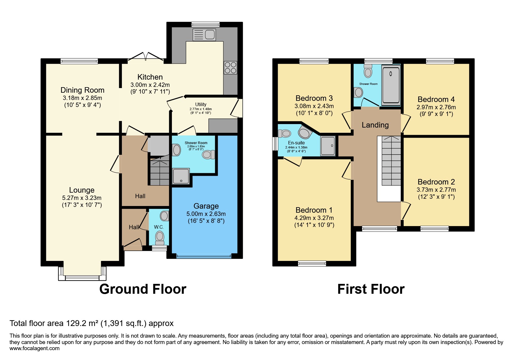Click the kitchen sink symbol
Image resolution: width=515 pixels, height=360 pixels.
[x=204, y=35]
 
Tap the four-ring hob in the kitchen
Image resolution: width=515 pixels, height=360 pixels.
[x=230, y=68]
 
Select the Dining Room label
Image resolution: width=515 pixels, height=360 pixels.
[x=82, y=90]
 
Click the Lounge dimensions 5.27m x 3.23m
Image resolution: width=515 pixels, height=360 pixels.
[x=82, y=198]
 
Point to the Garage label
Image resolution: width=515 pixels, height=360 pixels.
[x=206, y=206]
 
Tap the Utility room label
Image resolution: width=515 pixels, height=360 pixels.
[x=201, y=104]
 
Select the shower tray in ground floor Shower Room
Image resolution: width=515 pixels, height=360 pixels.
[x=181, y=176]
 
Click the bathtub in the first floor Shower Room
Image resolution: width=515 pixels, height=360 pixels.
[x=391, y=84]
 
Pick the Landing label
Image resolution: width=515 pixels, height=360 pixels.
[x=375, y=125]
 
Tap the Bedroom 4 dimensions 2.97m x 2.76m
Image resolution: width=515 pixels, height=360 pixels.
[x=436, y=107]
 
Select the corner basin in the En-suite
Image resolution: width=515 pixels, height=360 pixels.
[x=304, y=133]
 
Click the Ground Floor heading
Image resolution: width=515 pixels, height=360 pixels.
[x=142, y=289]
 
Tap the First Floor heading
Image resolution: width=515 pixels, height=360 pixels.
[x=371, y=289]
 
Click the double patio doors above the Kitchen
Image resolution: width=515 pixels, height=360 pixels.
[x=146, y=57]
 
